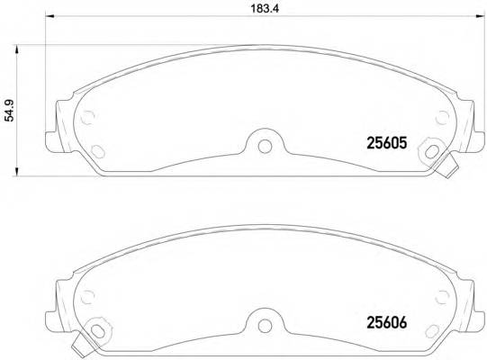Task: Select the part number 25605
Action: tap(388, 141)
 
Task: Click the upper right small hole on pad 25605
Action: tap(439, 117)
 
